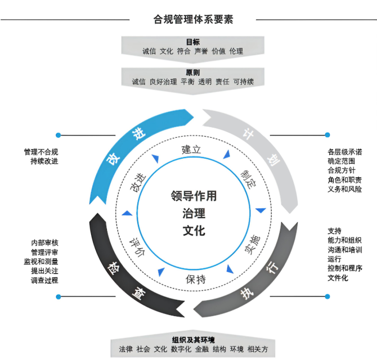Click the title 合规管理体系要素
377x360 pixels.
point(194,19)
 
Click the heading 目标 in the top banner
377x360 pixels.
point(193,42)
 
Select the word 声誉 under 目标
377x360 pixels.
point(201,51)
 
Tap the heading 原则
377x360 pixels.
point(193,73)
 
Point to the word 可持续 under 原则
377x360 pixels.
point(244,82)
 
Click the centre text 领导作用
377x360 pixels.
point(194,196)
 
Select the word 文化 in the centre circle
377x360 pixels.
point(194,231)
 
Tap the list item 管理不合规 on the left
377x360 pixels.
point(41,151)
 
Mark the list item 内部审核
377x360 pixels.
point(44,242)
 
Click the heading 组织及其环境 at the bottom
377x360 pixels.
point(193,340)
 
